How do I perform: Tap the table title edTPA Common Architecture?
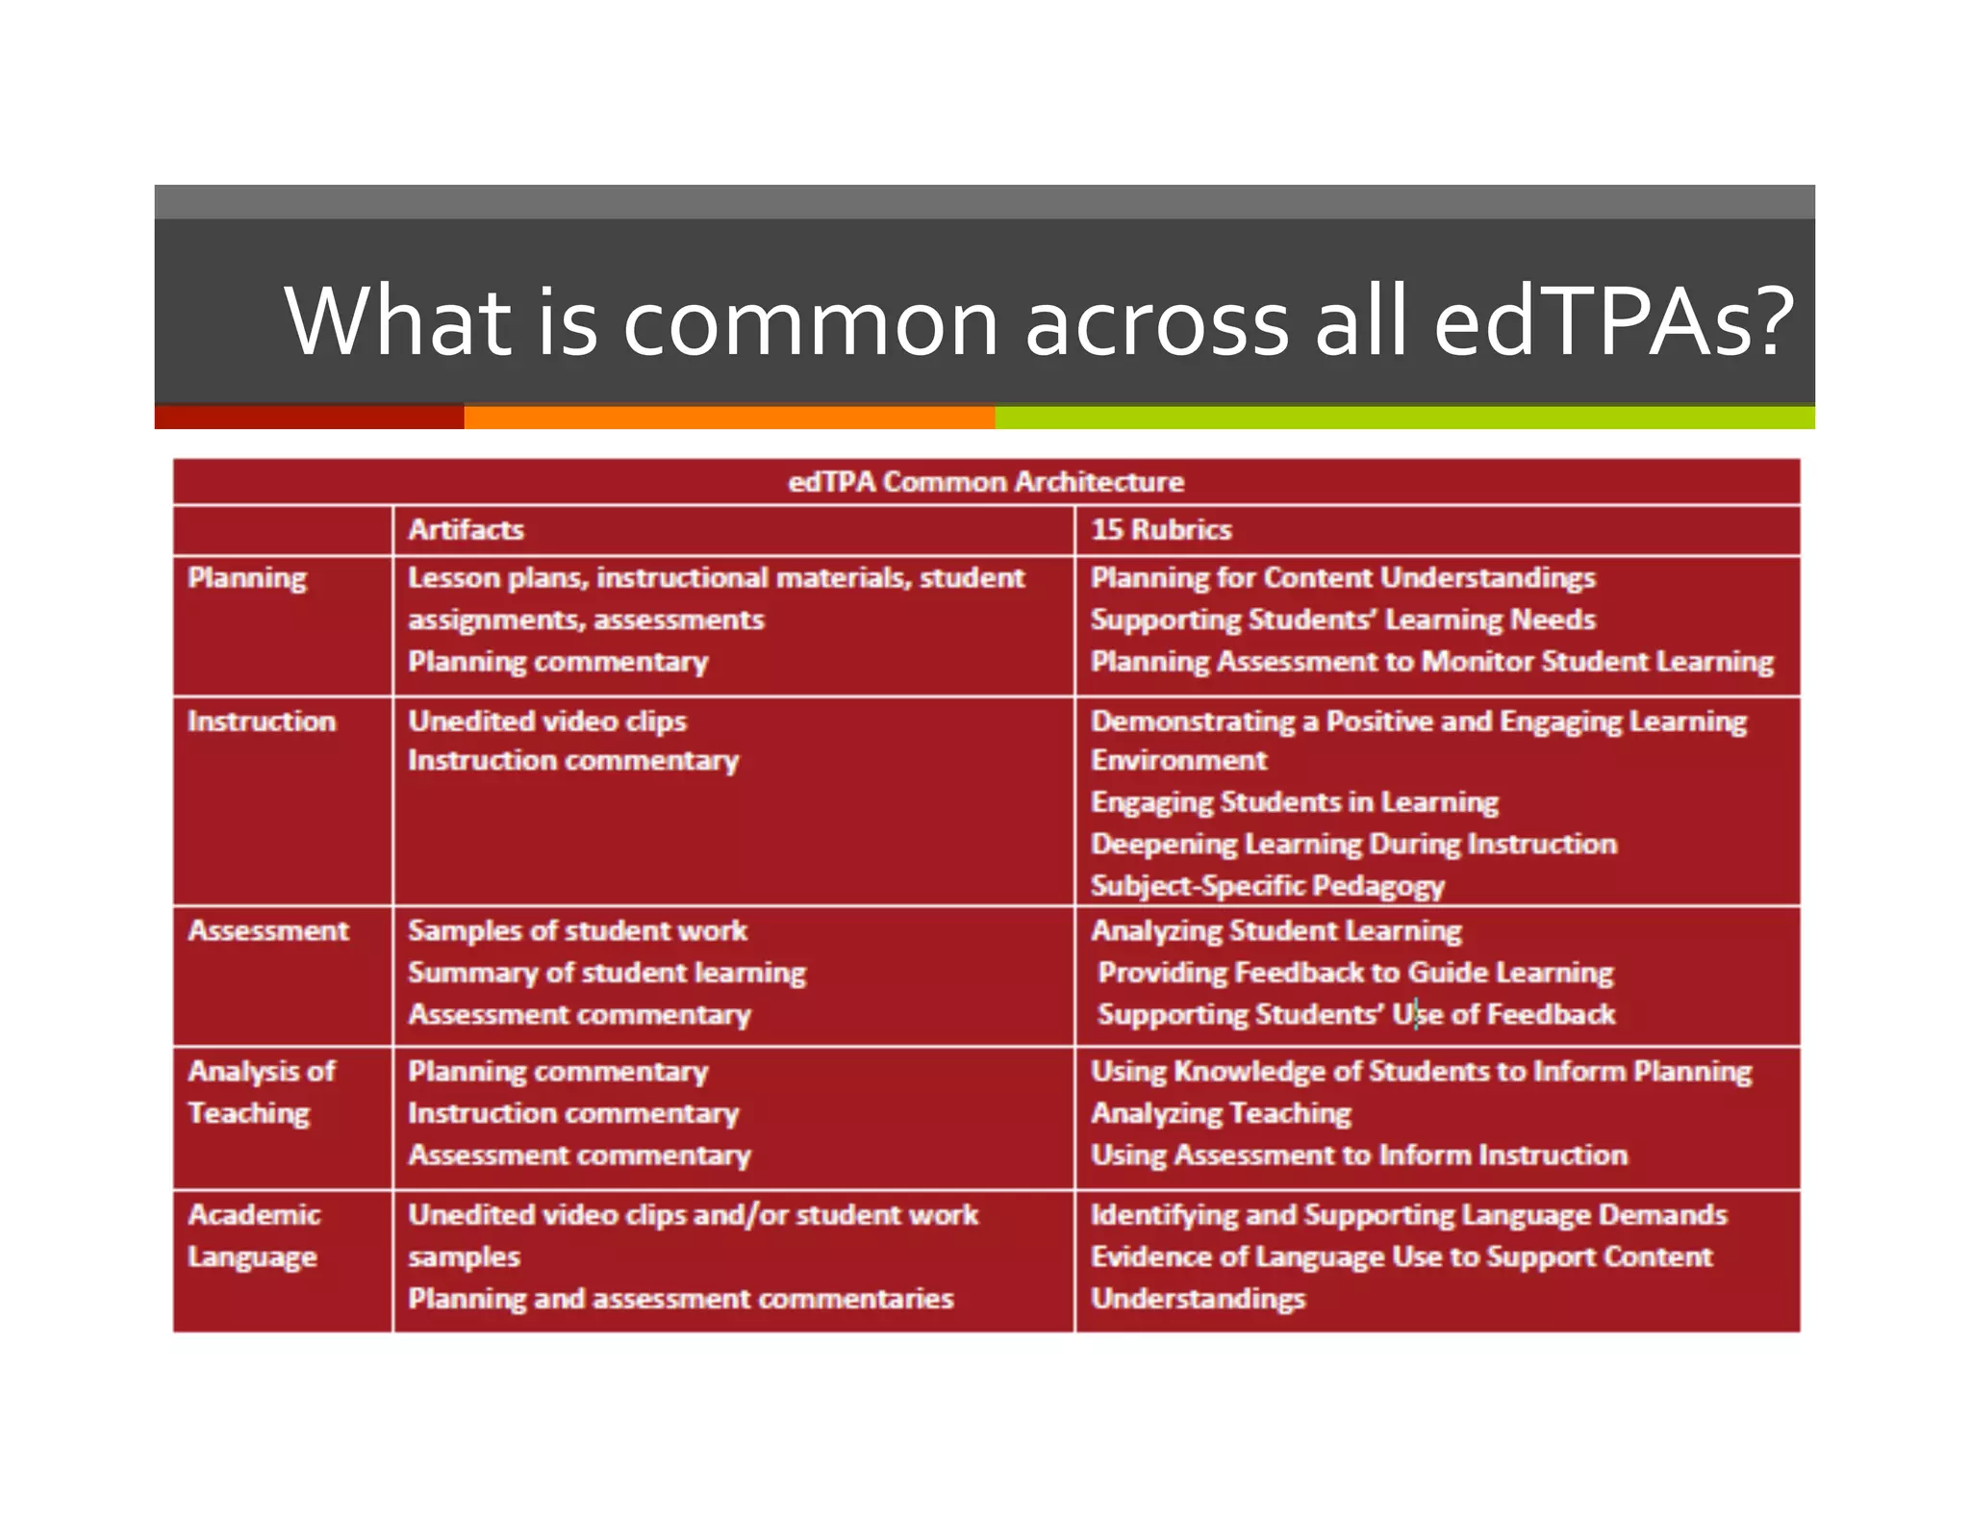pyautogui.click(x=986, y=481)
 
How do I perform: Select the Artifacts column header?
pyautogui.click(x=466, y=529)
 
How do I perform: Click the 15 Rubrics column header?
pyautogui.click(x=1160, y=529)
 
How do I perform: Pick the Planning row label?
pyautogui.click(x=247, y=577)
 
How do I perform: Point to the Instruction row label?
pyautogui.click(x=262, y=721)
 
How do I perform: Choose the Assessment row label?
pyautogui.click(x=268, y=930)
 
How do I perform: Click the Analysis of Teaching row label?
pyautogui.click(x=261, y=1092)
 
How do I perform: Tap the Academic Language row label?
pyautogui.click(x=254, y=1235)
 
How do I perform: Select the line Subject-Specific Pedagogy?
pyautogui.click(x=1267, y=885)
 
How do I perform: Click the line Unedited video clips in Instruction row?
pyautogui.click(x=546, y=721)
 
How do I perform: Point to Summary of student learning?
pyautogui.click(x=606, y=973)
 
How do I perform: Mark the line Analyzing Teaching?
pyautogui.click(x=1221, y=1113)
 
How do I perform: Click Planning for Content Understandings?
pyautogui.click(x=1342, y=577)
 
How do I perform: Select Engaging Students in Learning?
pyautogui.click(x=1294, y=801)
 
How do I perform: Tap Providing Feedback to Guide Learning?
pyautogui.click(x=1354, y=973)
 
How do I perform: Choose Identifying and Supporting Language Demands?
pyautogui.click(x=1408, y=1214)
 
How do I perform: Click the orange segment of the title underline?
pyautogui.click(x=729, y=417)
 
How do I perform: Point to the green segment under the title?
pyautogui.click(x=1404, y=417)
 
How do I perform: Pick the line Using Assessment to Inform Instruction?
pyautogui.click(x=1358, y=1154)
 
